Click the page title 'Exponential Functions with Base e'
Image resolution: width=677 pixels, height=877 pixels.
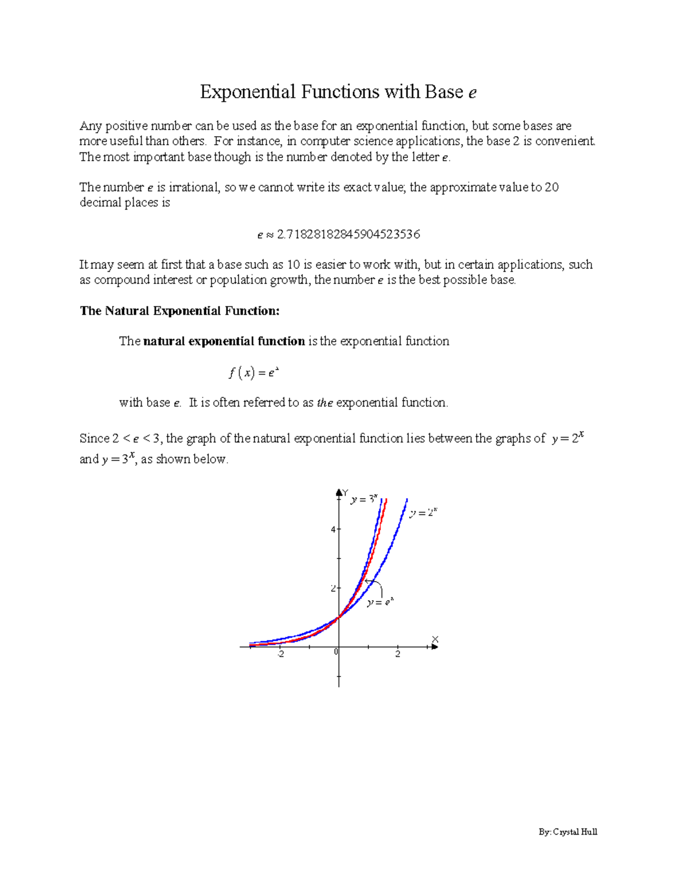point(338,91)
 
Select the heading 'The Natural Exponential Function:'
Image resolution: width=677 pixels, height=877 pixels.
point(179,311)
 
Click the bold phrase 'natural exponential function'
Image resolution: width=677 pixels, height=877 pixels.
point(224,341)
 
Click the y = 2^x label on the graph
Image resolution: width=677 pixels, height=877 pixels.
point(423,513)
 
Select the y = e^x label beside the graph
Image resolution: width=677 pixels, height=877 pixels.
point(380,603)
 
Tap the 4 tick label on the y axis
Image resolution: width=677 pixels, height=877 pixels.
point(333,530)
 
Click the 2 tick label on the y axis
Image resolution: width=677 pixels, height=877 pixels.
point(333,588)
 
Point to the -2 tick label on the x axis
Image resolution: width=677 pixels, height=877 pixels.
point(280,655)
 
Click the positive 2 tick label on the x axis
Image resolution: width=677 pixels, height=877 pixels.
point(398,655)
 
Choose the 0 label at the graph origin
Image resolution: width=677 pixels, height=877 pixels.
point(336,652)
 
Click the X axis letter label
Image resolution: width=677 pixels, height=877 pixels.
point(435,639)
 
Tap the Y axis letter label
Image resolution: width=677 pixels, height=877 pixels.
point(345,492)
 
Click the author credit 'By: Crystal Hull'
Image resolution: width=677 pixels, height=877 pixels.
point(568,832)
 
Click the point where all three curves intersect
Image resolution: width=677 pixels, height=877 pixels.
point(338,617)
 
